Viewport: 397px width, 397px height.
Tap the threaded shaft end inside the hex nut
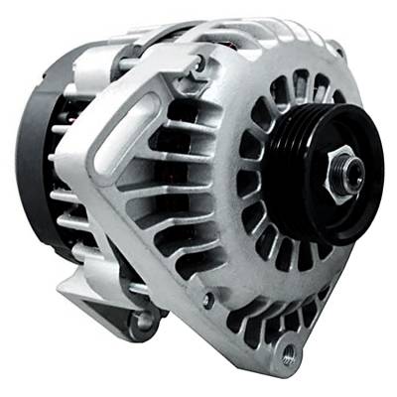[348, 169]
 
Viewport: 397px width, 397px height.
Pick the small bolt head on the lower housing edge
[206, 298]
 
